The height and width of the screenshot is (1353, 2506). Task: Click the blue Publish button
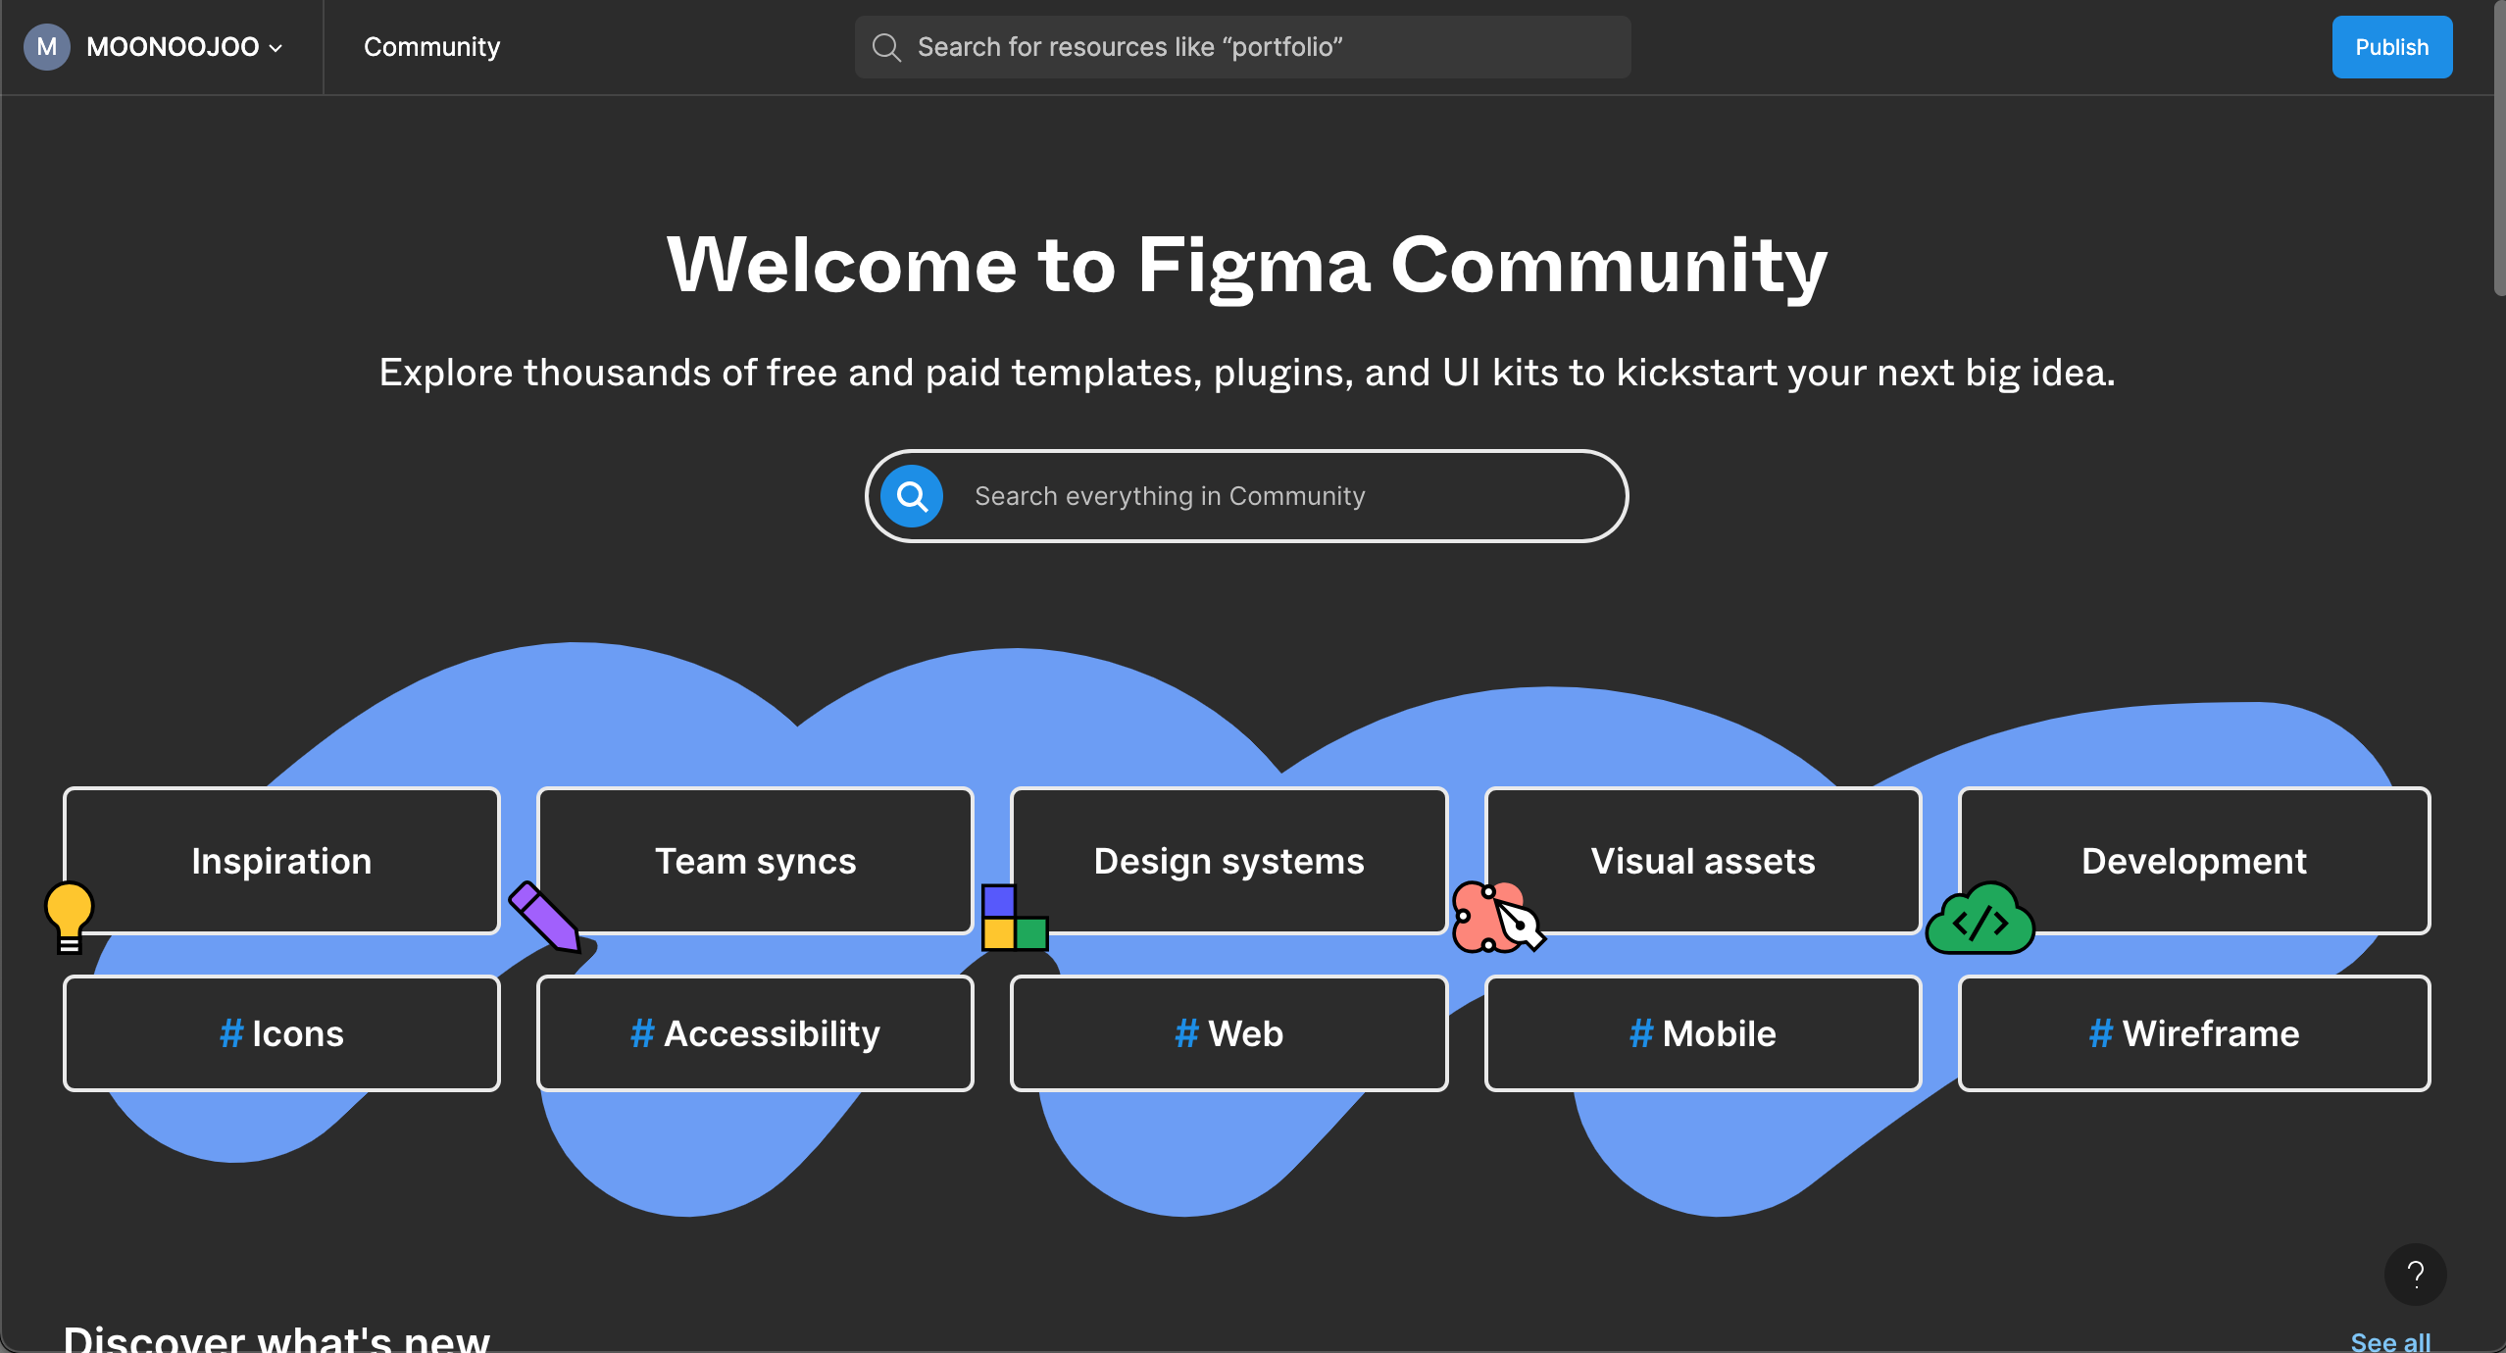pos(2391,47)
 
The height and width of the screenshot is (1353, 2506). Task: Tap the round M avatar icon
pos(46,47)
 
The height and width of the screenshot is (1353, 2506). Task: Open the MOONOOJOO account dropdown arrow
pos(276,48)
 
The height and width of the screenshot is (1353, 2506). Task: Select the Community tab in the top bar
pos(431,47)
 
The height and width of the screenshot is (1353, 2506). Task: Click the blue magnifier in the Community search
pos(912,496)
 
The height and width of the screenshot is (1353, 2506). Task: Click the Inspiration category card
pos(281,861)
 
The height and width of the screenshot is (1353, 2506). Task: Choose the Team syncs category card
pos(755,861)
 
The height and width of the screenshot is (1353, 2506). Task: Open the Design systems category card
pos(1228,861)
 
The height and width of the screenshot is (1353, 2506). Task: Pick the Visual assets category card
pos(1703,861)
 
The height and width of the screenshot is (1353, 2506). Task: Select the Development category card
pos(2194,861)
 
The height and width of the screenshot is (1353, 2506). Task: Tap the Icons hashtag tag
pos(281,1033)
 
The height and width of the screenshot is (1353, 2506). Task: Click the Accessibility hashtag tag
pos(755,1033)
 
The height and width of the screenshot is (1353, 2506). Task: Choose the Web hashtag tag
pos(1228,1033)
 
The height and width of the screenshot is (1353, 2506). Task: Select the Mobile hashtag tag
pos(1703,1033)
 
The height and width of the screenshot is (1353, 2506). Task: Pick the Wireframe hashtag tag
pos(2194,1033)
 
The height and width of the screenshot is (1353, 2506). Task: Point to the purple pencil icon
pos(545,917)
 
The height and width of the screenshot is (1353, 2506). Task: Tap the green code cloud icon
pos(1980,919)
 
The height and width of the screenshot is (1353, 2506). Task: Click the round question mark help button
pos(2415,1275)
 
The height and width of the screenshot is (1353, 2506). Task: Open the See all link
pos(2390,1341)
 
